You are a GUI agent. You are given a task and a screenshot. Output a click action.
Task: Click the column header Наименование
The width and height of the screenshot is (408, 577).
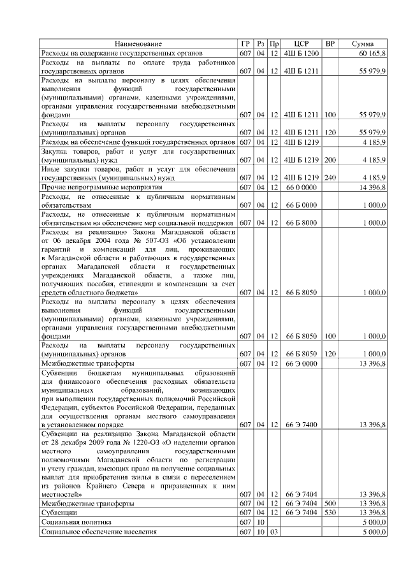click(x=138, y=43)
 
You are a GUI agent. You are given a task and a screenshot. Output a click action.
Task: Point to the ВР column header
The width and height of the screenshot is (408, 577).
click(x=330, y=43)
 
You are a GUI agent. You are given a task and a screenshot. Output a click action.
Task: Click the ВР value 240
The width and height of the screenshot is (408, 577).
click(x=330, y=178)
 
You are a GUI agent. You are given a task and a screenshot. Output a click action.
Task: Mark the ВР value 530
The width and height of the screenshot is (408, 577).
click(x=330, y=513)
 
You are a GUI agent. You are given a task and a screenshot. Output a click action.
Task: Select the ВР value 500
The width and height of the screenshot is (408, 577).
click(x=330, y=503)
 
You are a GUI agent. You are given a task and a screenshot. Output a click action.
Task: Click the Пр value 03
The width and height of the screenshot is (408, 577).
click(x=274, y=531)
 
